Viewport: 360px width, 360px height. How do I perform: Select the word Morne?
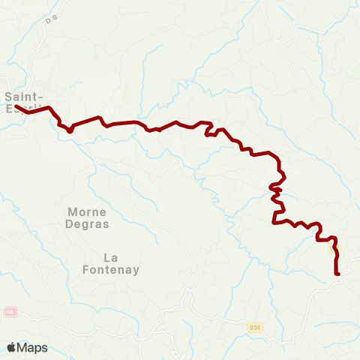[88, 211]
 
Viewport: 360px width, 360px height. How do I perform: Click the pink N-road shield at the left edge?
[9, 310]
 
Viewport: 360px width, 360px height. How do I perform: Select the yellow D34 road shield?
[255, 327]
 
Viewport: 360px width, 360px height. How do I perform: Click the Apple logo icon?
[11, 347]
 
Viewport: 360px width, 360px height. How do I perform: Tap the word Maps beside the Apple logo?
[32, 347]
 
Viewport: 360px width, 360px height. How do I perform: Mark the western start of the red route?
[16, 106]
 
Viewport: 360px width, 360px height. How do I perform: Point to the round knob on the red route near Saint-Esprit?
[70, 130]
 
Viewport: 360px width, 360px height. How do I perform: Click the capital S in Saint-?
[7, 96]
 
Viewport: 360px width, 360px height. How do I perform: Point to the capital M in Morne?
[73, 211]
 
